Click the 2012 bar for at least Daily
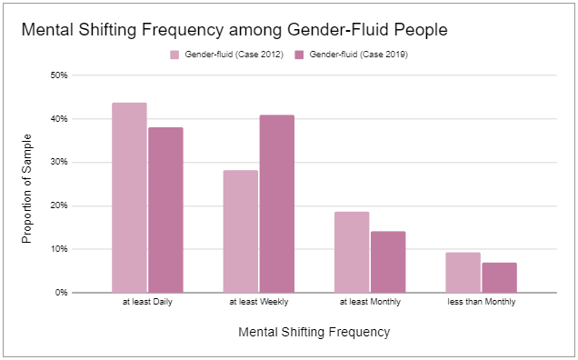tap(129, 197)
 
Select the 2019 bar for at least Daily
tap(165, 210)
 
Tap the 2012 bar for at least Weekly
tap(240, 231)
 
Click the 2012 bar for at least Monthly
tap(352, 252)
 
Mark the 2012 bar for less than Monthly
tap(463, 272)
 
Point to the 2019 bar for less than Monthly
tap(499, 277)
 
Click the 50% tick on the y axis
tap(59, 75)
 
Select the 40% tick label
tap(59, 119)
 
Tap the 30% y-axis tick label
tap(59, 162)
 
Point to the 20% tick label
tap(59, 205)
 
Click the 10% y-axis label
tap(59, 249)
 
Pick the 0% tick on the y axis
tap(62, 293)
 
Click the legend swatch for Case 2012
tap(174, 55)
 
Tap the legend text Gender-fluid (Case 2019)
tap(359, 55)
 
